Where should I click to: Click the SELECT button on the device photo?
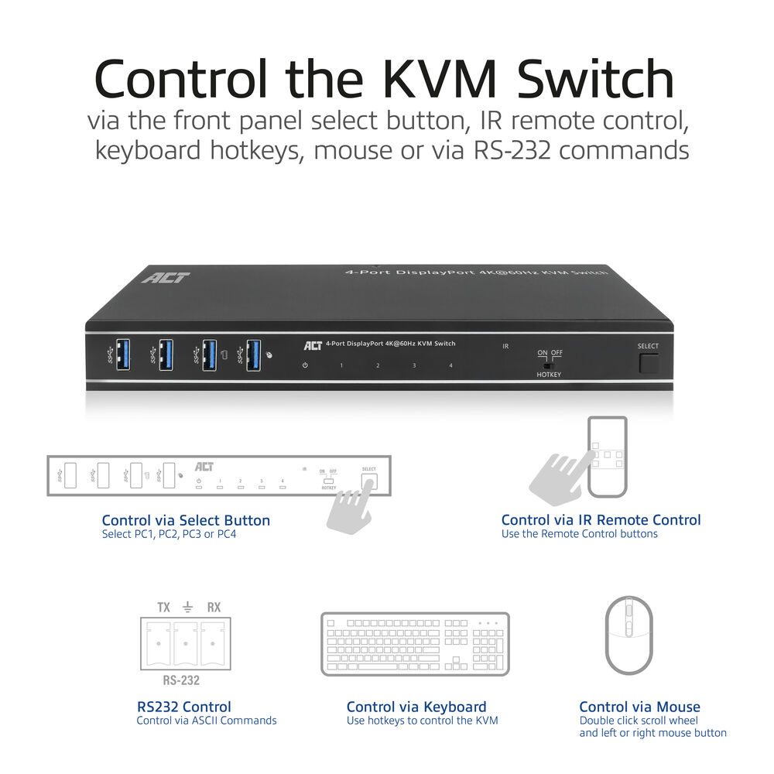(649, 362)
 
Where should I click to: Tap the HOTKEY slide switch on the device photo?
(549, 365)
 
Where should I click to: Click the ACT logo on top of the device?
(166, 276)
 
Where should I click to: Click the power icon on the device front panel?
(306, 365)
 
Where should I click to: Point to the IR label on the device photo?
(505, 346)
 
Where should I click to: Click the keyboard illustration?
(416, 643)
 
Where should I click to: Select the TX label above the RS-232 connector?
(163, 608)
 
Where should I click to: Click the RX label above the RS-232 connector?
(214, 608)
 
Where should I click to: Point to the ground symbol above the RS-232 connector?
(188, 608)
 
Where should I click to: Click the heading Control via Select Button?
(186, 520)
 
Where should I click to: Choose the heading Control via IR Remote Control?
(601, 520)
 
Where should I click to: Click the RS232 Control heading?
(183, 707)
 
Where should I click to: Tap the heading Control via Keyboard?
(416, 707)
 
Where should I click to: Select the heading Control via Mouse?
(639, 707)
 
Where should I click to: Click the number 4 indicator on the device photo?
(450, 365)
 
